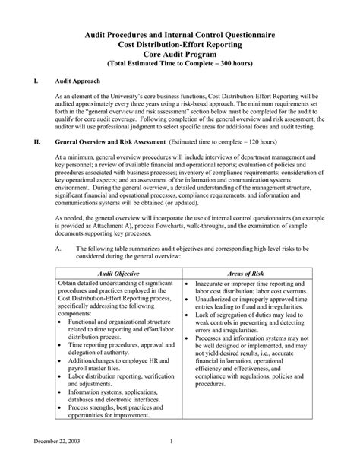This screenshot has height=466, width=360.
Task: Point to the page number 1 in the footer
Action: point(172,441)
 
